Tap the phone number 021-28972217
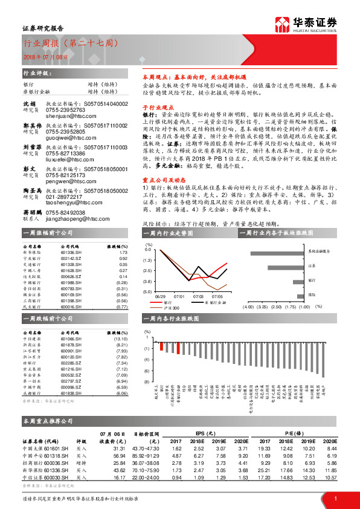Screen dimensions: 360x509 click(x=65, y=197)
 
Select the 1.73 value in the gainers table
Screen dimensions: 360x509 click(x=123, y=253)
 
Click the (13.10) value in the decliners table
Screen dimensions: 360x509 click(x=120, y=340)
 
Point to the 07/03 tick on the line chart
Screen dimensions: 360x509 click(x=198, y=296)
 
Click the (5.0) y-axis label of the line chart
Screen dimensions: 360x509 click(x=147, y=292)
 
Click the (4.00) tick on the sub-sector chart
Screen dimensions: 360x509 click(x=248, y=306)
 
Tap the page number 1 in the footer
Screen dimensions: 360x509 click(x=335, y=498)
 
